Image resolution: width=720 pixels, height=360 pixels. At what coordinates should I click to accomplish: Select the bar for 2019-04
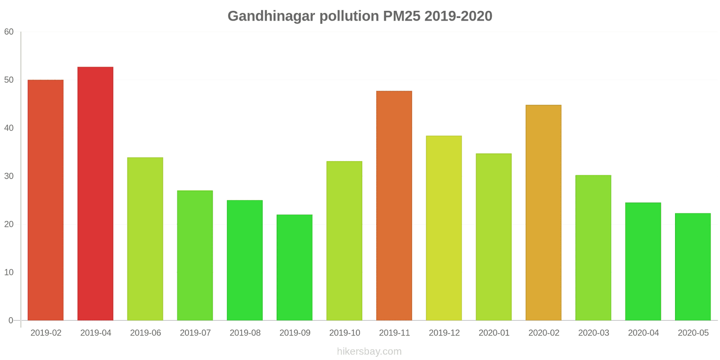pyautogui.click(x=95, y=193)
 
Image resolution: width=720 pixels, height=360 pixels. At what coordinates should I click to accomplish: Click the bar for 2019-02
pyautogui.click(x=45, y=200)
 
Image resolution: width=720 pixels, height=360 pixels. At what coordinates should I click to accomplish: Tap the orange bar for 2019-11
pyautogui.click(x=394, y=206)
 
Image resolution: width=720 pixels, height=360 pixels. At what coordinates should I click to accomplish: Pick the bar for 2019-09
pyautogui.click(x=294, y=267)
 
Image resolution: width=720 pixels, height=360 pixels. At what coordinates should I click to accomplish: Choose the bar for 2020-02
pyautogui.click(x=544, y=212)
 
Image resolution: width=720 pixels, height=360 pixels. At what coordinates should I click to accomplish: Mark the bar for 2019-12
pyautogui.click(x=444, y=228)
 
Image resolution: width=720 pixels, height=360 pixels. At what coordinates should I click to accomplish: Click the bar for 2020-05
pyautogui.click(x=693, y=267)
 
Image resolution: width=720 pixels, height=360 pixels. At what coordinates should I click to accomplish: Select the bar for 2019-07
pyautogui.click(x=195, y=255)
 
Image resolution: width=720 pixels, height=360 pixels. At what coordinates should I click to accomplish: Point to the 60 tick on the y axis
pyautogui.click(x=9, y=32)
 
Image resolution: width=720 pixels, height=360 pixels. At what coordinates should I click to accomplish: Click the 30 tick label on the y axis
pyautogui.click(x=9, y=176)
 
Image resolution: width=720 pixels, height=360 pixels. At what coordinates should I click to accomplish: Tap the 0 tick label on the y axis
pyautogui.click(x=11, y=320)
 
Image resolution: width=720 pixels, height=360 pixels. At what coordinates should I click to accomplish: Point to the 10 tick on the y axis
pyautogui.click(x=9, y=272)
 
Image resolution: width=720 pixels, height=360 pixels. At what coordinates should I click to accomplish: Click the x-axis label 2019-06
pyautogui.click(x=145, y=333)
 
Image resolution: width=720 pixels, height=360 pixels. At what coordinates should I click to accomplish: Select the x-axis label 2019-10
pyautogui.click(x=345, y=333)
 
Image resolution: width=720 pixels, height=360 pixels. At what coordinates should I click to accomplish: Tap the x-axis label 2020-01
pyautogui.click(x=494, y=333)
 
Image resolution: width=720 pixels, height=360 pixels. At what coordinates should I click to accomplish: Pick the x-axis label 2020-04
pyautogui.click(x=643, y=333)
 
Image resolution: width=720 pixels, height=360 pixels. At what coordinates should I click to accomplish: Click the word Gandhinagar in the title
pyautogui.click(x=271, y=16)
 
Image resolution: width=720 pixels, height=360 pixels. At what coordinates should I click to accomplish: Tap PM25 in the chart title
pyautogui.click(x=401, y=16)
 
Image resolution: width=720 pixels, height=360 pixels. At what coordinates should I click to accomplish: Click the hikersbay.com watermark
pyautogui.click(x=369, y=351)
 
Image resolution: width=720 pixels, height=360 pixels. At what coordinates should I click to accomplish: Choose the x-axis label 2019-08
pyautogui.click(x=245, y=333)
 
